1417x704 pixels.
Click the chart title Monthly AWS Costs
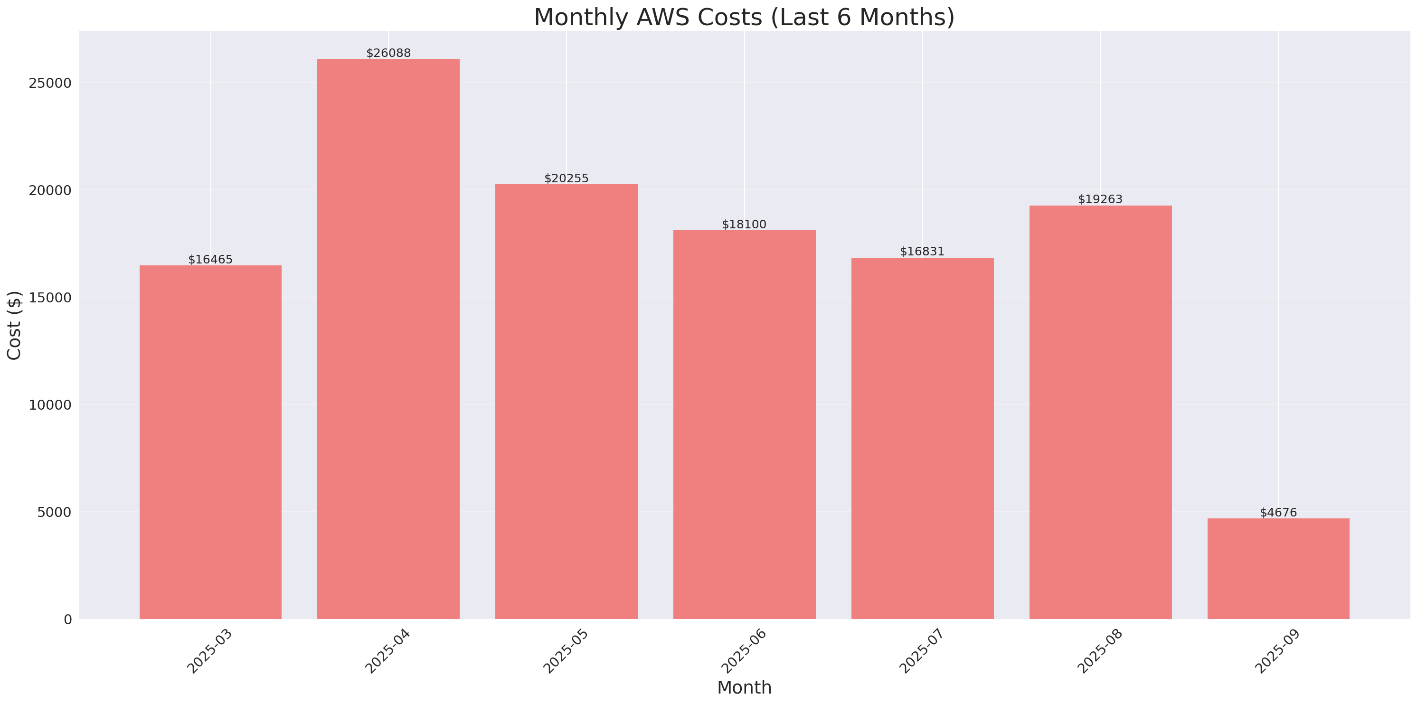[x=744, y=17]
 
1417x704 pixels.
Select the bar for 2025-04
[x=388, y=338]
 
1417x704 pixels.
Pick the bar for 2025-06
[x=744, y=424]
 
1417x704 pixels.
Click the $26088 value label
[x=388, y=53]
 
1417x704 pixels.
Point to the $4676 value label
[x=1278, y=513]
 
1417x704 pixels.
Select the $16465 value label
[x=210, y=260]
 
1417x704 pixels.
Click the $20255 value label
[x=566, y=178]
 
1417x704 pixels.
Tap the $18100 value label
[x=744, y=225]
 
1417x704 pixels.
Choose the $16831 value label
[x=922, y=251]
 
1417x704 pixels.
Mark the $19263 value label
[x=1100, y=199]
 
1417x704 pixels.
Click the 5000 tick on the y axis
[x=55, y=512]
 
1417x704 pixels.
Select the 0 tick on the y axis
[x=67, y=620]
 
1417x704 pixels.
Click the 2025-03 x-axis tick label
[x=209, y=651]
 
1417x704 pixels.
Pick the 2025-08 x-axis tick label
[x=1099, y=651]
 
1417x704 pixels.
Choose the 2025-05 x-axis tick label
[x=566, y=651]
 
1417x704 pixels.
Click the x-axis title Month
[x=744, y=687]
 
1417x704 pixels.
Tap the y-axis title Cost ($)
[x=14, y=325]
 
